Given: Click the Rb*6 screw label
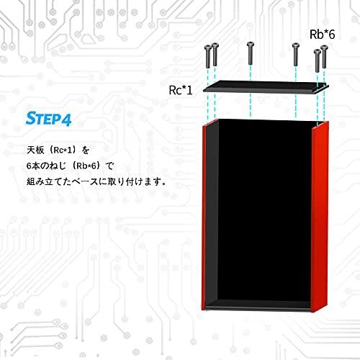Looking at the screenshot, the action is pyautogui.click(x=322, y=35).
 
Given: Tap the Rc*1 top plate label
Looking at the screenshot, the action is pyautogui.click(x=181, y=90).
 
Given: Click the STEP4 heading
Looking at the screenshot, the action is pyautogui.click(x=48, y=119).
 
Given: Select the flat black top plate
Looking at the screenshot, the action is pyautogui.click(x=266, y=87).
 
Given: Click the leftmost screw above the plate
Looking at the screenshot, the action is pyautogui.click(x=207, y=57).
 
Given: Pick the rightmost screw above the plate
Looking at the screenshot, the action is pyautogui.click(x=324, y=56).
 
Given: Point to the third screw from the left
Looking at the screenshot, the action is pyautogui.click(x=251, y=53).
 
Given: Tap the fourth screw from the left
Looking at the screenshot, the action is pyautogui.click(x=295, y=54).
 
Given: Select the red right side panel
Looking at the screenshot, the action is pyautogui.click(x=320, y=217).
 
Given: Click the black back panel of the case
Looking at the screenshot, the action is pyautogui.click(x=265, y=210).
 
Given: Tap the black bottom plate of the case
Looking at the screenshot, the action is pyautogui.click(x=258, y=305).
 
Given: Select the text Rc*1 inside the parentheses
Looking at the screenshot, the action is pyautogui.click(x=63, y=150).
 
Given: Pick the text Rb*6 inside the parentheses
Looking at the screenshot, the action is pyautogui.click(x=86, y=166).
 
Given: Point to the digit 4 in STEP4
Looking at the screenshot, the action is pyautogui.click(x=66, y=120).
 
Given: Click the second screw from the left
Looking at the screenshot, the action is pyautogui.click(x=215, y=55).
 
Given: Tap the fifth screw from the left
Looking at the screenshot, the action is pyautogui.click(x=318, y=60).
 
